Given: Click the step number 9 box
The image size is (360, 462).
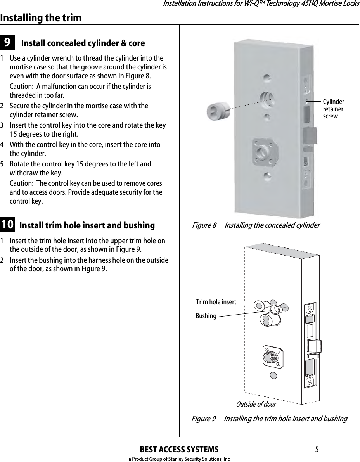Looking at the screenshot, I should pyautogui.click(x=8, y=42).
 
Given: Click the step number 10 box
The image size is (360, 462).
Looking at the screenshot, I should pyautogui.click(x=8, y=225).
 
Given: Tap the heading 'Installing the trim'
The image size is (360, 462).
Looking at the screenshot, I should pyautogui.click(x=41, y=18).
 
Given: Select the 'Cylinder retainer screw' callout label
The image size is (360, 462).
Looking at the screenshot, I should pyautogui.click(x=333, y=109).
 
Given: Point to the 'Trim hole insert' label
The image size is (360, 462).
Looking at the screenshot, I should pyautogui.click(x=216, y=302).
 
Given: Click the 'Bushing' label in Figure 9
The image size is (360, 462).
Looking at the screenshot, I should pyautogui.click(x=206, y=316).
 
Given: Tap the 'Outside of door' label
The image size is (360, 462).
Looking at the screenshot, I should pyautogui.click(x=256, y=404).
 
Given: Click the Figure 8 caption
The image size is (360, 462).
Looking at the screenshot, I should pyautogui.click(x=256, y=225).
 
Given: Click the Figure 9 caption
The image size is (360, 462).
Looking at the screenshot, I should pyautogui.click(x=270, y=419).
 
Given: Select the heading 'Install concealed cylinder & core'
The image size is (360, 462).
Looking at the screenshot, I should pyautogui.click(x=83, y=43).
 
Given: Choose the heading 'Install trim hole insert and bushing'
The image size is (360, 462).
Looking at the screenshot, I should pyautogui.click(x=87, y=225).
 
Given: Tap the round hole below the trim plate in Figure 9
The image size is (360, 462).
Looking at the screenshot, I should pyautogui.click(x=273, y=375).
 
